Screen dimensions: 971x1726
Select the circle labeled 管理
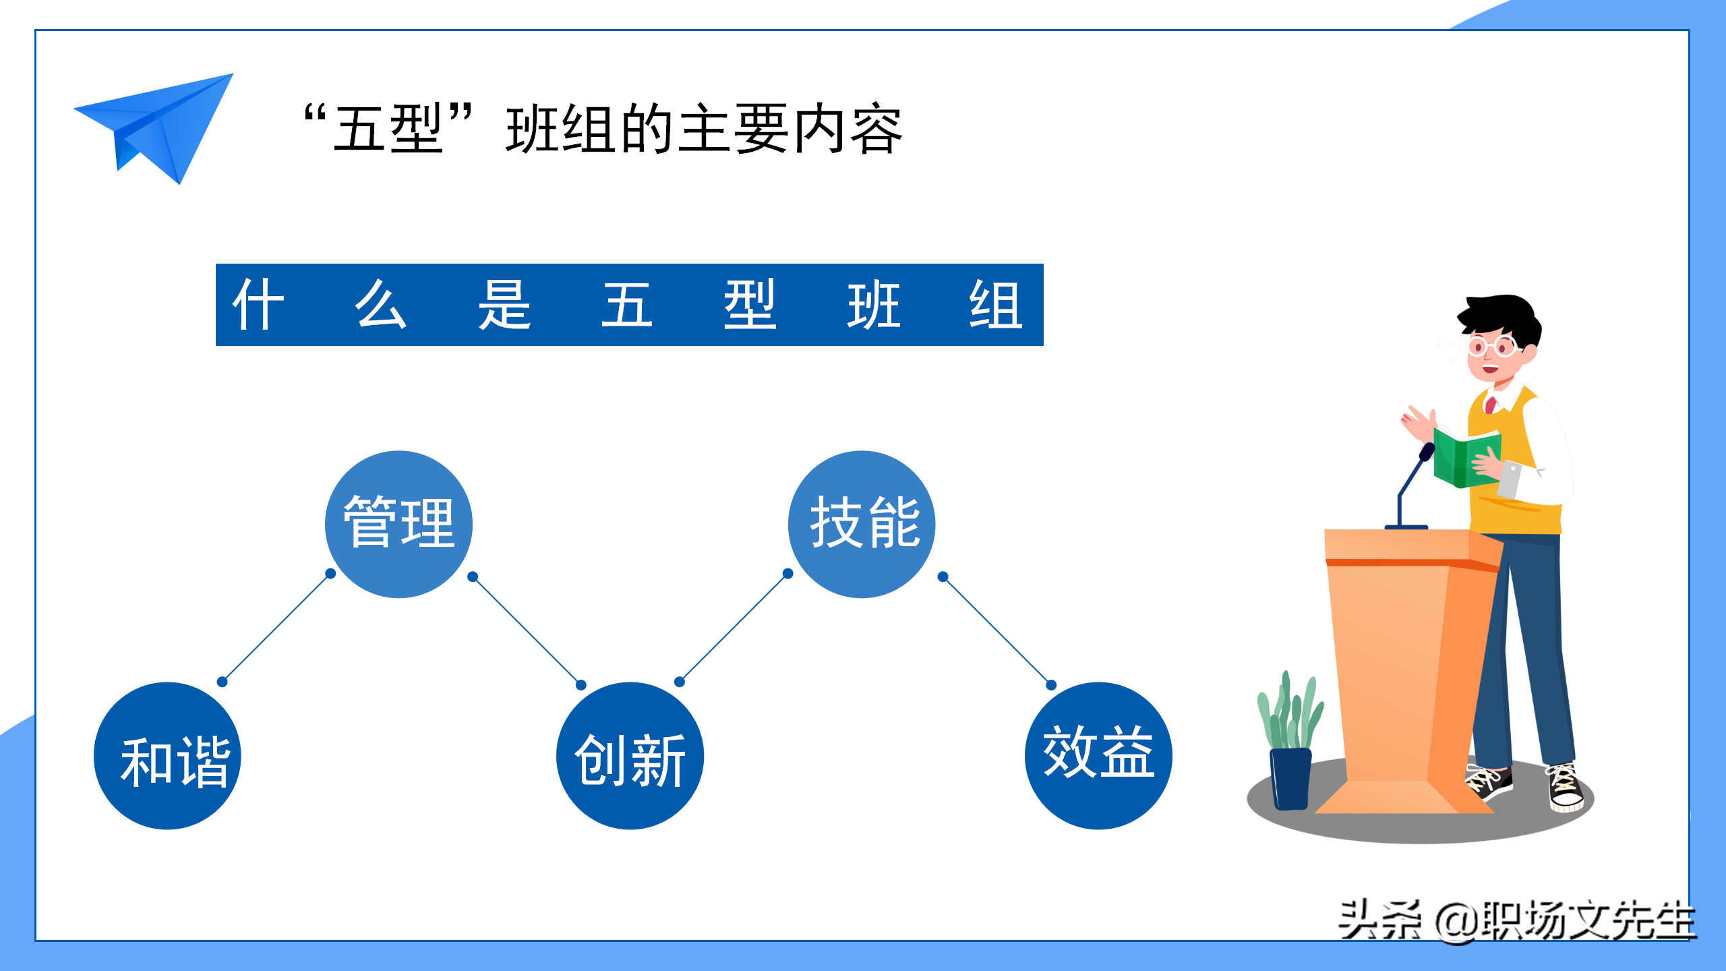[x=398, y=524]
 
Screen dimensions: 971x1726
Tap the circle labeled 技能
[x=862, y=524]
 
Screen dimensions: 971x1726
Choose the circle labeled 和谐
[x=167, y=756]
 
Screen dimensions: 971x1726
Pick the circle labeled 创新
[x=630, y=756]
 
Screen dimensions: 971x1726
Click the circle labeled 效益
[x=1098, y=756]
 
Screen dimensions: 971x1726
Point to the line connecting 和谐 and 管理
[x=276, y=628]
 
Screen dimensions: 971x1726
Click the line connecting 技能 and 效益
[x=997, y=631]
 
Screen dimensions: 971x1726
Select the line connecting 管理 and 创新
[x=527, y=631]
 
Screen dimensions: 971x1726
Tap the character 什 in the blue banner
[x=258, y=305]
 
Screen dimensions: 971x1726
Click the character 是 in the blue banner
[x=504, y=305]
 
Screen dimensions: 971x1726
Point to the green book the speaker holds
[x=1464, y=459]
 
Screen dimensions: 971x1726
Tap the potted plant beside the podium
[x=1290, y=742]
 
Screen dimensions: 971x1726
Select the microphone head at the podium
[x=1427, y=451]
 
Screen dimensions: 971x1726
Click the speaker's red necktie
[x=1491, y=405]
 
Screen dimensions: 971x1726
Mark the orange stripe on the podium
[x=1409, y=563]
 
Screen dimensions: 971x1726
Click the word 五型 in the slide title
[x=388, y=129]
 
